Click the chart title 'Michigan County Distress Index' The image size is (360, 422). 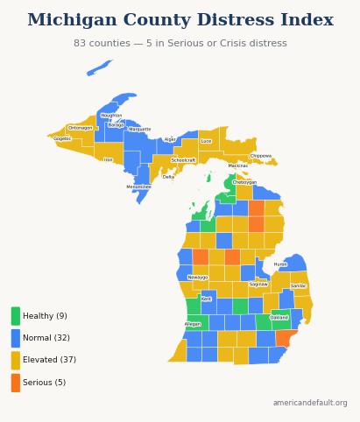click(180, 20)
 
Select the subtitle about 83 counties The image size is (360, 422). click(180, 43)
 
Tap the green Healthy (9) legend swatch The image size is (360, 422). click(16, 316)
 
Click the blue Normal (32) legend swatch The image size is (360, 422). click(16, 338)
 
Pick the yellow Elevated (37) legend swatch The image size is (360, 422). click(16, 360)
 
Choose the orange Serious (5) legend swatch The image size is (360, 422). click(16, 383)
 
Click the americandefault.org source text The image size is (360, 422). click(309, 403)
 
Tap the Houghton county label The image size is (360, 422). click(111, 116)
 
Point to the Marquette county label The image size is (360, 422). click(140, 130)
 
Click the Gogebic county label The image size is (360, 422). click(62, 138)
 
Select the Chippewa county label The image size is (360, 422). click(261, 156)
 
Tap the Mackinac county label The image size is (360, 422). click(238, 165)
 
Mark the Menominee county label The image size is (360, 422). click(138, 186)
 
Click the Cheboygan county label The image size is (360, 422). click(244, 182)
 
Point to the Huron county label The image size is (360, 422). click(280, 264)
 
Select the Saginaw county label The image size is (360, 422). click(258, 284)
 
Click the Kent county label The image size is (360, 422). click(206, 299)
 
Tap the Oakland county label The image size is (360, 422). click(279, 318)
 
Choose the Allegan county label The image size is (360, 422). click(193, 324)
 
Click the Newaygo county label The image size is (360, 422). click(198, 277)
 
